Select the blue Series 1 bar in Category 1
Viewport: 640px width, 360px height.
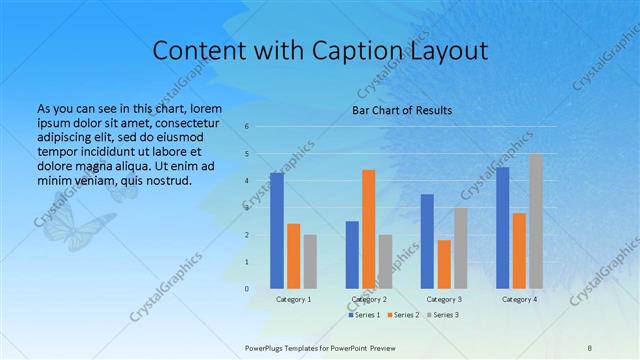pos(277,230)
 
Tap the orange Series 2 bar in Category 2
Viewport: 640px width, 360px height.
pos(368,229)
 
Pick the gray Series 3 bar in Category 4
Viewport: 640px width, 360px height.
pos(536,221)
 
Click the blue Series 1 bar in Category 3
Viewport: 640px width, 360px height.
pos(427,241)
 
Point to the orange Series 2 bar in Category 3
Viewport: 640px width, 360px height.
pos(444,264)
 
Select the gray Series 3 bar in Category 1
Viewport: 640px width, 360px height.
pos(310,261)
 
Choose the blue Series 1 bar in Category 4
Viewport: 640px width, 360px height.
pos(502,227)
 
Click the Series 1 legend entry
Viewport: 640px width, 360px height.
pos(364,315)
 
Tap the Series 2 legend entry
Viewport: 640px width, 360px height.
pos(403,315)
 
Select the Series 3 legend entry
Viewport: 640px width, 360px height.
pos(442,315)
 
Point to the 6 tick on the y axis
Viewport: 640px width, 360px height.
pos(246,127)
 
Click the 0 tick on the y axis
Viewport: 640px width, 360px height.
pos(246,288)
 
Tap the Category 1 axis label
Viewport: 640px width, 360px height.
pos(293,299)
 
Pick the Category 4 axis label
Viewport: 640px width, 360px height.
pos(519,299)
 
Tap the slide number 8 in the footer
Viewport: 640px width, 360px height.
pos(590,346)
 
